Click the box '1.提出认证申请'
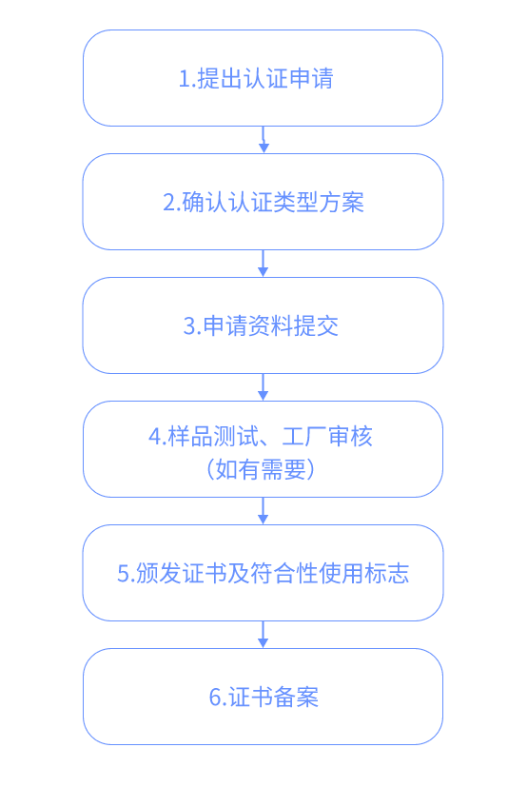[x=263, y=78]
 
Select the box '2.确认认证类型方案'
[x=263, y=202]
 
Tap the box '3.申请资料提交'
[x=263, y=325]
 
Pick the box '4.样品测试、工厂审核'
[x=263, y=449]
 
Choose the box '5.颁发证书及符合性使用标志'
[x=263, y=573]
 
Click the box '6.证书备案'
[x=263, y=697]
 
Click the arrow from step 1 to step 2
[x=263, y=140]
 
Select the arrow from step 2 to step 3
[x=263, y=264]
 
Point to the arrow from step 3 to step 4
[x=263, y=387]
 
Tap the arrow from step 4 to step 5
[x=263, y=511]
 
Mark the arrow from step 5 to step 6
[x=263, y=635]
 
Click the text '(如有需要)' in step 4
[x=261, y=470]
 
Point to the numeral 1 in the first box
[x=185, y=79]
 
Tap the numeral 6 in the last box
[x=214, y=698]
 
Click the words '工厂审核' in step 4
[x=327, y=436]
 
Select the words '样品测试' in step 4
[x=213, y=436]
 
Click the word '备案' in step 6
[x=296, y=698]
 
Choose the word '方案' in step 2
[x=342, y=203]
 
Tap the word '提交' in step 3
[x=316, y=325]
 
